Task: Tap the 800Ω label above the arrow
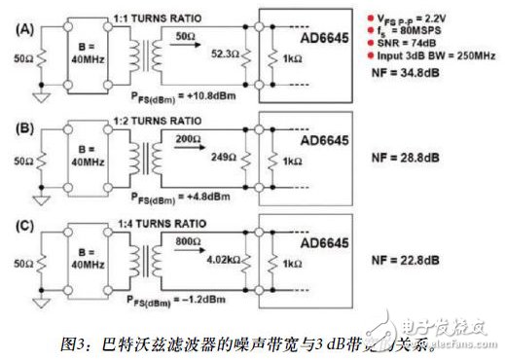pyautogui.click(x=189, y=240)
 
